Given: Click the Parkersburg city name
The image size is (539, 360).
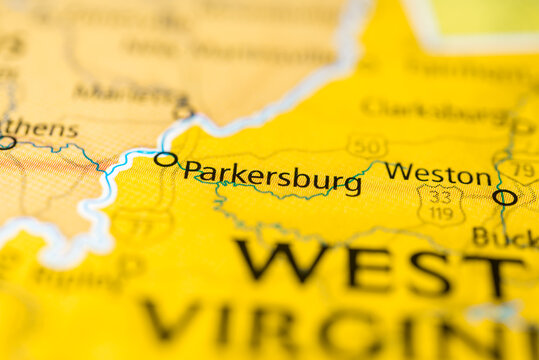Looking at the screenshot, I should pos(272,177).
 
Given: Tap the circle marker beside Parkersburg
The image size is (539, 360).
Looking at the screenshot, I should pos(165,159).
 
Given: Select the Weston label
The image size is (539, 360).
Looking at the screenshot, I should pos(437,173).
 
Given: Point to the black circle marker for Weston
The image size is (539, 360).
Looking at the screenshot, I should pos(505,197).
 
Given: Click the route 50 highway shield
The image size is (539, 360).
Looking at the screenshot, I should pos(367,146).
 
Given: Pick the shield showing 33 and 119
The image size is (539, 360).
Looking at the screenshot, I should pos(441,205).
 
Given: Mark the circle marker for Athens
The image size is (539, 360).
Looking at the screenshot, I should pos(6,143).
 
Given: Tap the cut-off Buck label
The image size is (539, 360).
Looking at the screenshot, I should pos(505,237).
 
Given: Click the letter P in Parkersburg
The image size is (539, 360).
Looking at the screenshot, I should pos(191,171).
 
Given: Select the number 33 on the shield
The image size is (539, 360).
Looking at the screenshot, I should pos(441,197).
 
